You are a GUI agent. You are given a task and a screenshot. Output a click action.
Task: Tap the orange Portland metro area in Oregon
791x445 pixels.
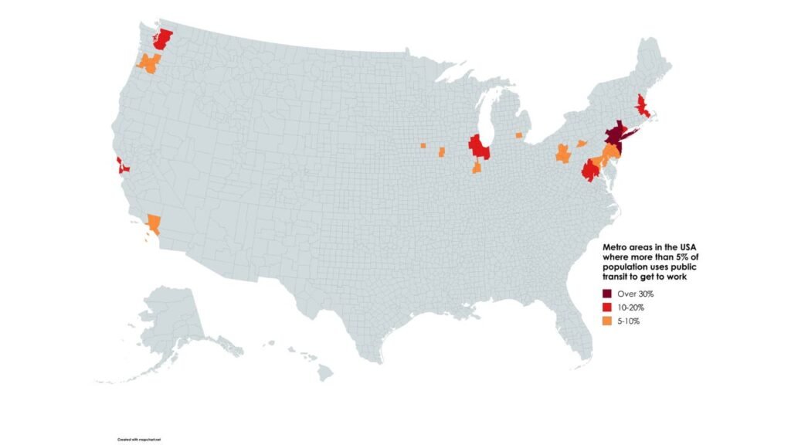click(148, 63)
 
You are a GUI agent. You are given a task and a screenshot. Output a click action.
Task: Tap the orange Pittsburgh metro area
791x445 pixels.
click(562, 152)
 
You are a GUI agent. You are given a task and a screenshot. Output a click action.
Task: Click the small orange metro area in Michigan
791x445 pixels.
click(518, 135)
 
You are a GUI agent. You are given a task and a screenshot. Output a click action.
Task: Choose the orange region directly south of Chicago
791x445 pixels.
click(477, 168)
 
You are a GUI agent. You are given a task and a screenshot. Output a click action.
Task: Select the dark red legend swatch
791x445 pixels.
click(608, 294)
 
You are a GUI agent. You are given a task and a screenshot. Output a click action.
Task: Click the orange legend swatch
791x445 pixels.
click(608, 321)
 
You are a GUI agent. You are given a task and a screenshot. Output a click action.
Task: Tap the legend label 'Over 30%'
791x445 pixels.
click(637, 294)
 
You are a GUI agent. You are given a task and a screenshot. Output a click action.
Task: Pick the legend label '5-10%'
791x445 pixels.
click(630, 321)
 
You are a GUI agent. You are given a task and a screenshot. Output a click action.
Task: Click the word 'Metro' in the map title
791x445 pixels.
click(616, 246)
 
